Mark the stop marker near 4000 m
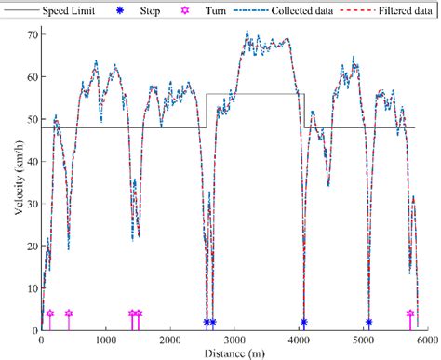click(304, 322)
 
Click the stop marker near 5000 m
click(368, 322)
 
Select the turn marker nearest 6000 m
click(410, 314)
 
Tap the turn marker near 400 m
click(68, 314)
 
